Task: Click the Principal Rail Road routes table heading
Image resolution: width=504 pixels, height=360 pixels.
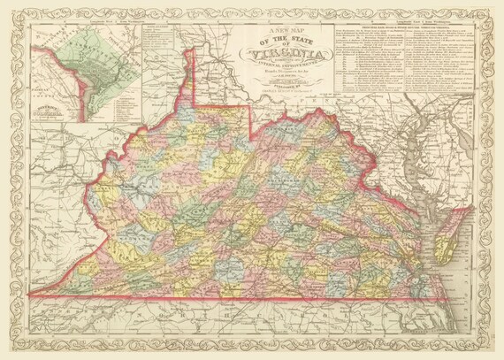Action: [x=407, y=27]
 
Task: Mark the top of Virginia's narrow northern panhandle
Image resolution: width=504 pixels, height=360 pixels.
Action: [x=188, y=51]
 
